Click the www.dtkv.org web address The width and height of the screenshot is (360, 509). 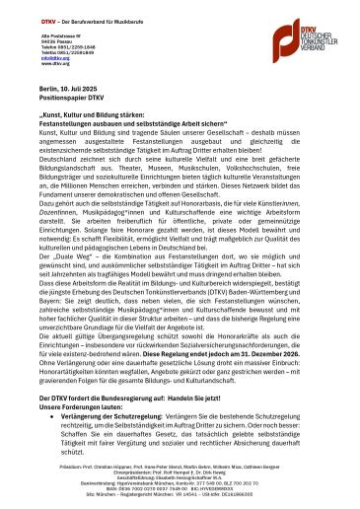pyautogui.click(x=51, y=63)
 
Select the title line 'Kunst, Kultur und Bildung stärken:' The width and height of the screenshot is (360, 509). pyautogui.click(x=94, y=114)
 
